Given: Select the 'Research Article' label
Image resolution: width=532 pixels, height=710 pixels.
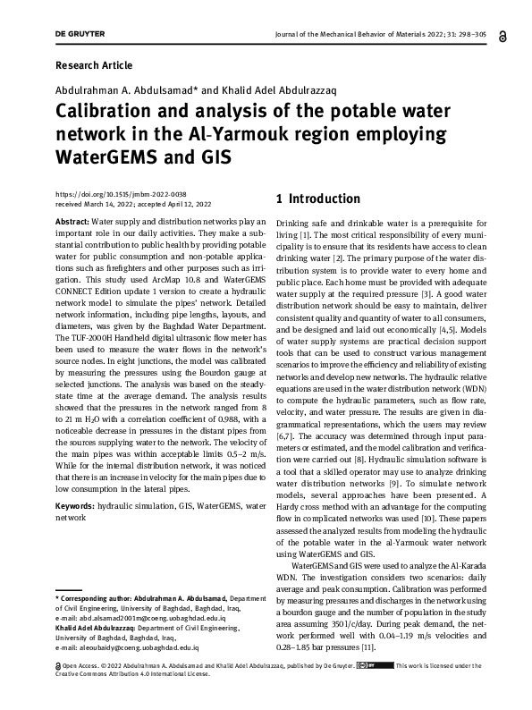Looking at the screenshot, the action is tap(94, 65).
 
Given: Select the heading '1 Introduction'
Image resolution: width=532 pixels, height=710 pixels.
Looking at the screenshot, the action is tap(318, 199).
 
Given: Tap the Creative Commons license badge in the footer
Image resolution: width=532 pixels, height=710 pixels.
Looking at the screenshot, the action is tap(375, 666).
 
